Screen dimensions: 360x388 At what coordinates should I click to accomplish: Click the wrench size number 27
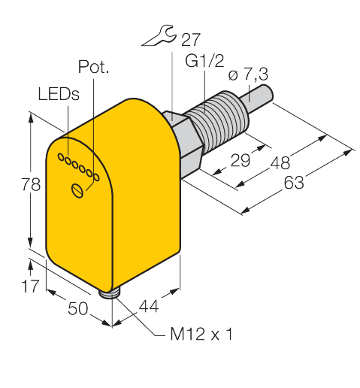[191, 40]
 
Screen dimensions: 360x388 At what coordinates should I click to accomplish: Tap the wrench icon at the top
[159, 35]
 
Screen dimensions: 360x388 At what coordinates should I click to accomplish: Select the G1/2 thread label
[204, 61]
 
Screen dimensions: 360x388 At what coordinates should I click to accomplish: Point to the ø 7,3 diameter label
[248, 74]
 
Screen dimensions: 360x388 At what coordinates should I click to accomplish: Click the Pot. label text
[93, 67]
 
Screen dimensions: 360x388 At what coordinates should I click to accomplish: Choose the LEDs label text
[59, 94]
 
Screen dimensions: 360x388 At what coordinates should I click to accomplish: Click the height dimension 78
[31, 184]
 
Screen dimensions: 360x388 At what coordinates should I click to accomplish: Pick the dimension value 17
[30, 286]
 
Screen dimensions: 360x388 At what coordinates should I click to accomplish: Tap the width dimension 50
[78, 308]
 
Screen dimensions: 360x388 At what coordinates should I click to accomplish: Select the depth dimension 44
[149, 306]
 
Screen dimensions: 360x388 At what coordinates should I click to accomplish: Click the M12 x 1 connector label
[201, 334]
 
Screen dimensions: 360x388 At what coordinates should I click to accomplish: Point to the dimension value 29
[241, 160]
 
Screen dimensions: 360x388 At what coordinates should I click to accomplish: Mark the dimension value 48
[280, 162]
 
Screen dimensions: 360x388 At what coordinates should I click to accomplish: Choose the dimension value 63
[294, 183]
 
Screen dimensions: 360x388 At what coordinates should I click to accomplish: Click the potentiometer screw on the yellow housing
[77, 191]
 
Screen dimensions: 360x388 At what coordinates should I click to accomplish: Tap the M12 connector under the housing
[110, 293]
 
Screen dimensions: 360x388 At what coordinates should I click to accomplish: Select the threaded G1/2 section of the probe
[220, 121]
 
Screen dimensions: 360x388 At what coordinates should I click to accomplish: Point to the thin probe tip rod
[257, 98]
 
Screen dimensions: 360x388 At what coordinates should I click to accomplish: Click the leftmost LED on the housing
[61, 157]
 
